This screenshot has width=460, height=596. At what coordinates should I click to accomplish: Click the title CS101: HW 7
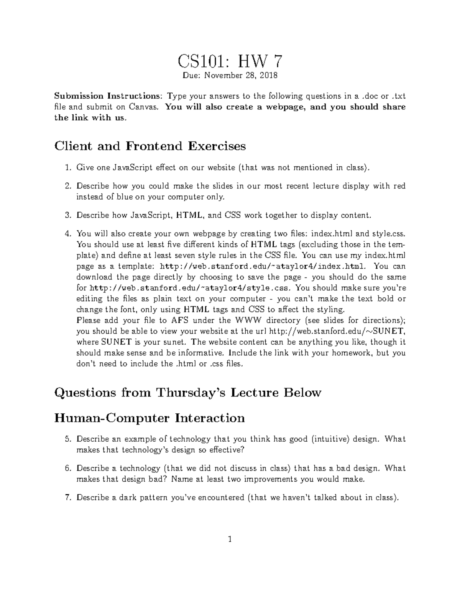[230, 61]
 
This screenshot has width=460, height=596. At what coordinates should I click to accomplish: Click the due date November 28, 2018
[240, 76]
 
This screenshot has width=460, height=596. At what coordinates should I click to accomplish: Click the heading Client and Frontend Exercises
[150, 146]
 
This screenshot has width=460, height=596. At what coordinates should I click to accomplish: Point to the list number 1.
[67, 168]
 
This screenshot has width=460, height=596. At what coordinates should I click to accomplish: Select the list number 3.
[67, 215]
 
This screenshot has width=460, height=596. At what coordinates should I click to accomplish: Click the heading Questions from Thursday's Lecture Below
[187, 393]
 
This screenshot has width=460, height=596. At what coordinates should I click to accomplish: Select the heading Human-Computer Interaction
[149, 418]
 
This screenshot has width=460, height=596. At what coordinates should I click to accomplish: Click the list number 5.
[67, 439]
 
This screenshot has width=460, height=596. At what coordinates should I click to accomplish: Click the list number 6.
[67, 468]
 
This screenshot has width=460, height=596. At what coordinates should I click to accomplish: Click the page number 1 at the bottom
[230, 540]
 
